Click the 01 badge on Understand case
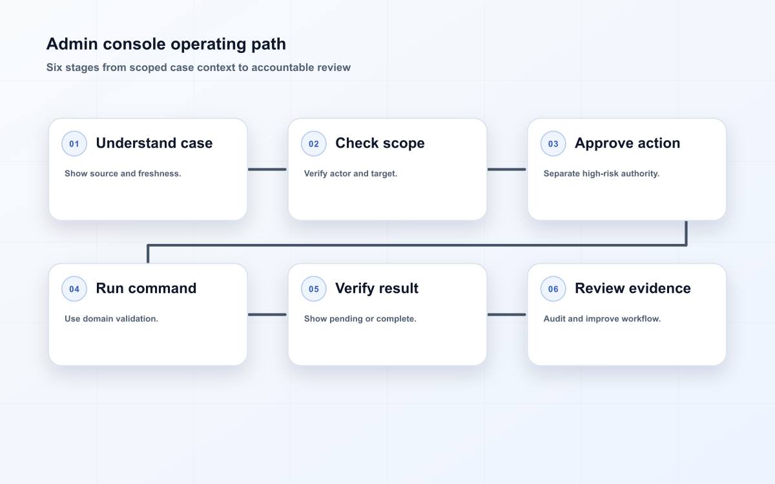pyautogui.click(x=74, y=143)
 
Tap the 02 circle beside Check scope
pyautogui.click(x=313, y=143)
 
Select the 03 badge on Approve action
pyautogui.click(x=553, y=143)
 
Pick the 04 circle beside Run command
pyautogui.click(x=74, y=288)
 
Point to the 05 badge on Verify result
pyautogui.click(x=313, y=288)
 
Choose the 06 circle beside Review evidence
pyautogui.click(x=553, y=288)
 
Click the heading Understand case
pyautogui.click(x=154, y=143)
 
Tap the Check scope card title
pyautogui.click(x=380, y=143)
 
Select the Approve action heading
pyautogui.click(x=627, y=143)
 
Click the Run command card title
pyautogui.click(x=146, y=288)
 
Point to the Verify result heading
pyautogui.click(x=377, y=288)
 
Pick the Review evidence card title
pyautogui.click(x=633, y=288)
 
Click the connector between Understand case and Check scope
pyautogui.click(x=267, y=169)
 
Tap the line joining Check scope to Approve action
pyautogui.click(x=507, y=169)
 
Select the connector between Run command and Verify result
pyautogui.click(x=267, y=315)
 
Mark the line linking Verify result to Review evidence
pyautogui.click(x=507, y=315)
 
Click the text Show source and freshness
pyautogui.click(x=123, y=174)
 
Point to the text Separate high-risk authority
pyautogui.click(x=601, y=174)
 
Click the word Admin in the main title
pyautogui.click(x=72, y=44)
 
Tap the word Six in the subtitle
pyautogui.click(x=54, y=67)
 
